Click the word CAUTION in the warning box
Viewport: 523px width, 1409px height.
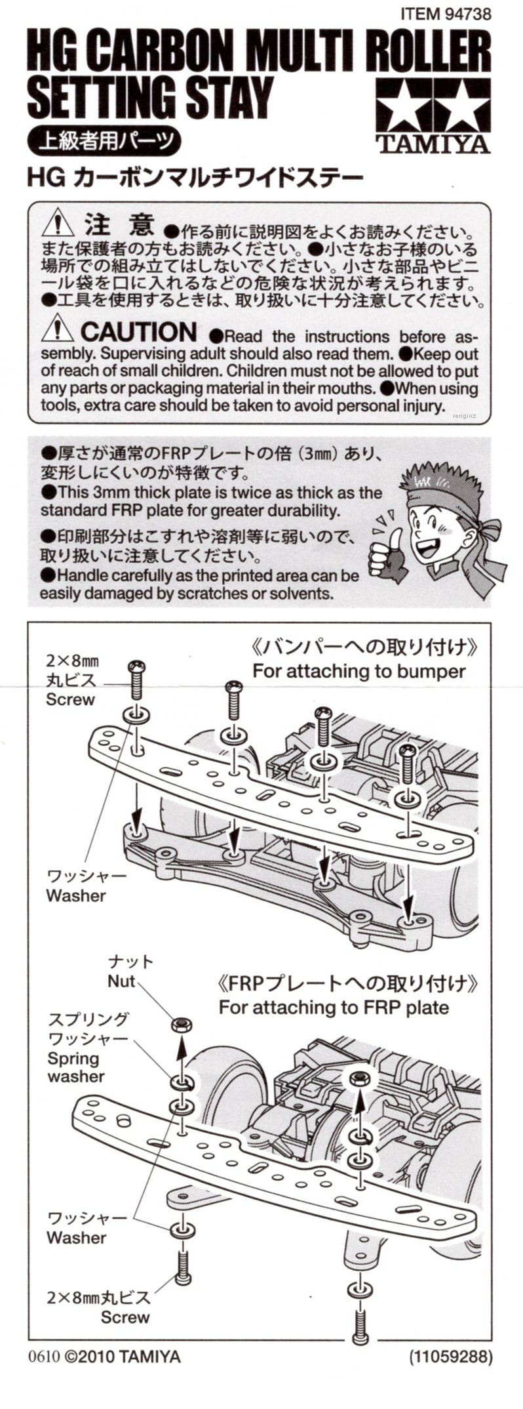coord(138,333)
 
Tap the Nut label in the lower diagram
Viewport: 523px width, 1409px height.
coord(121,981)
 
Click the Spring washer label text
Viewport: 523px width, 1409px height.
coord(75,1067)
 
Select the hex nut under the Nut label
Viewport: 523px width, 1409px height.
coord(182,1024)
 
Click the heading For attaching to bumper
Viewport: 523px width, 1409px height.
coord(358,671)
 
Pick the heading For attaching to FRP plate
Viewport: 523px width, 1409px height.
coord(334,1007)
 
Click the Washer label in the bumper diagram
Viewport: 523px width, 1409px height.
coord(76,895)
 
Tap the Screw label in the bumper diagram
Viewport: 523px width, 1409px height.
coord(70,699)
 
